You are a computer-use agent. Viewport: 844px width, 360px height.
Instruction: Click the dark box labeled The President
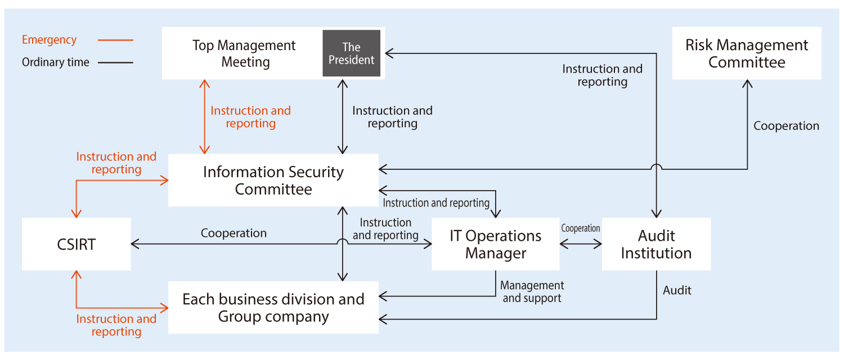(x=351, y=53)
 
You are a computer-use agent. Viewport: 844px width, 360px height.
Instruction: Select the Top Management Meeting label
(x=244, y=53)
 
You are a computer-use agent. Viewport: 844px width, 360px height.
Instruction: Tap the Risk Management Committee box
(x=747, y=53)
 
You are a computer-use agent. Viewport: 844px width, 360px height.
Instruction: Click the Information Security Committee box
(x=273, y=180)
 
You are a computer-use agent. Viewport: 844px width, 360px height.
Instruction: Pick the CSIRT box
(x=77, y=244)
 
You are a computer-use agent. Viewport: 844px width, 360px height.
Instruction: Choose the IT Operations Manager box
(x=495, y=244)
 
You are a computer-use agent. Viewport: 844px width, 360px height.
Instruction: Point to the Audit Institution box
(x=656, y=244)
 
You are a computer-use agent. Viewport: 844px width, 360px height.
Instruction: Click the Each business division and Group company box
(x=273, y=307)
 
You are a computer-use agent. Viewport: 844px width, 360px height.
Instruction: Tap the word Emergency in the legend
(x=49, y=40)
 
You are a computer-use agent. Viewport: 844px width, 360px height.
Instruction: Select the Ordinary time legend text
(x=55, y=62)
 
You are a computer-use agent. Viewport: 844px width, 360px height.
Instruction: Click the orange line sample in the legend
(x=115, y=40)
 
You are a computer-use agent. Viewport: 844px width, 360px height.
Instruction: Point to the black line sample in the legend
(x=115, y=62)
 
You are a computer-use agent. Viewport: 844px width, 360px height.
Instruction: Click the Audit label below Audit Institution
(x=677, y=290)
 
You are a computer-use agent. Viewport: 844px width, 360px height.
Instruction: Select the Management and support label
(x=532, y=292)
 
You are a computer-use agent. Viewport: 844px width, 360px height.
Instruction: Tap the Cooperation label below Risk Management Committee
(x=786, y=126)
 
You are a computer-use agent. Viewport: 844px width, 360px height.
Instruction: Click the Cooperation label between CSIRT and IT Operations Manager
(x=234, y=233)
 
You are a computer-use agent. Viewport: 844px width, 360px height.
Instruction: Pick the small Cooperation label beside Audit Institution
(x=581, y=228)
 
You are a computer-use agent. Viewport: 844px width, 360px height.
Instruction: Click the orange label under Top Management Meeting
(x=250, y=117)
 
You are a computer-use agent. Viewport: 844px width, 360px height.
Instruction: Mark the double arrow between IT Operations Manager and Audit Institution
(x=581, y=244)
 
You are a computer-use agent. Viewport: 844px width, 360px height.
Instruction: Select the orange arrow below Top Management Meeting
(x=205, y=116)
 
